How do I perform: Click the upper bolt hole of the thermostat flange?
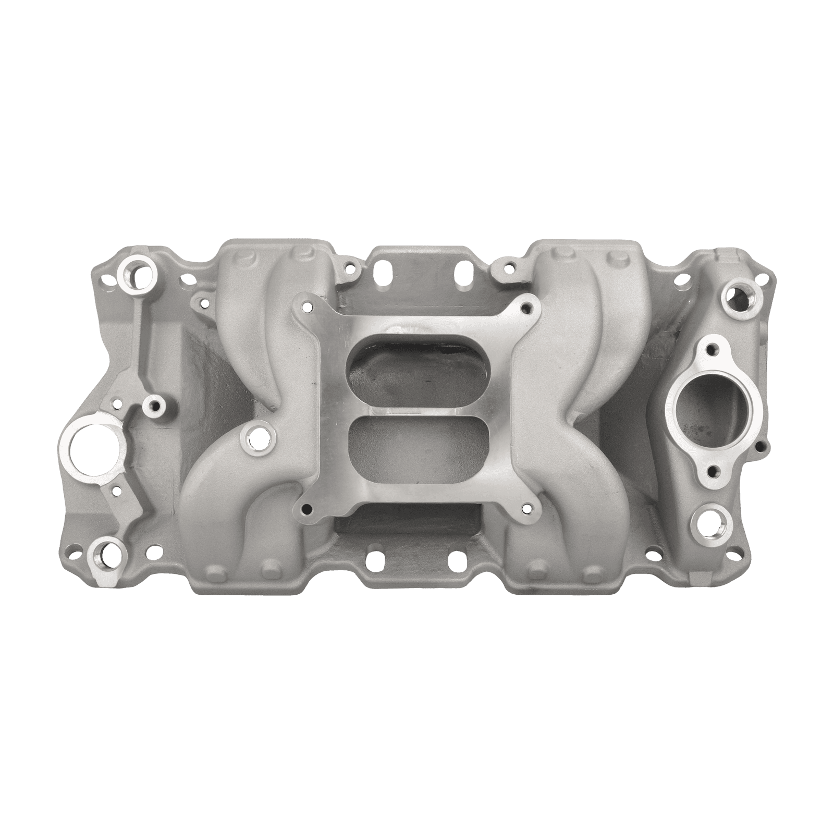tap(713, 348)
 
